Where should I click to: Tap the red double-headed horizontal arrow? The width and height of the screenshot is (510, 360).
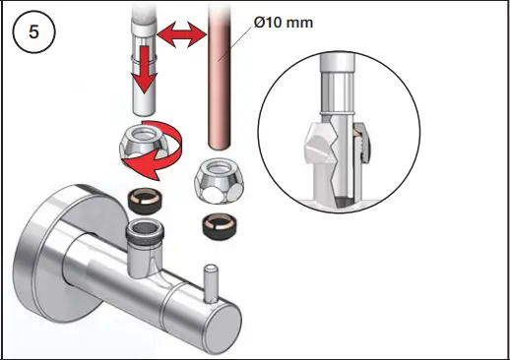click(x=181, y=36)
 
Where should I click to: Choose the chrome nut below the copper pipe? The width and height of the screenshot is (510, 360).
click(x=217, y=177)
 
